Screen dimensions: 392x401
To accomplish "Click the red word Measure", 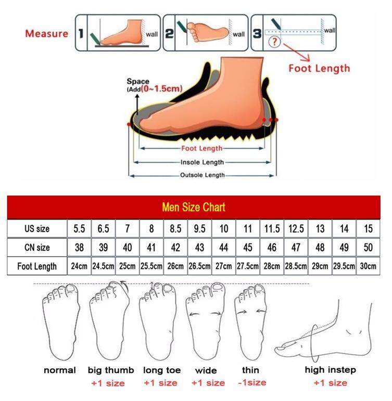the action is pyautogui.click(x=47, y=33).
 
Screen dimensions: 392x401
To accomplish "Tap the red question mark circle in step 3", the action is pyautogui.click(x=274, y=42).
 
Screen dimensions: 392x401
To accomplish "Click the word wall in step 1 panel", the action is pyautogui.click(x=151, y=34).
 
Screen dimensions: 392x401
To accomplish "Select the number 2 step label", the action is pyautogui.click(x=169, y=33).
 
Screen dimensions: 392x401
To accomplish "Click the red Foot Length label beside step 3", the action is pyautogui.click(x=319, y=68).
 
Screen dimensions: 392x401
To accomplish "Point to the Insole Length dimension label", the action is pyautogui.click(x=202, y=162).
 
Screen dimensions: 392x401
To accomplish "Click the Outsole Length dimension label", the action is pyautogui.click(x=203, y=175).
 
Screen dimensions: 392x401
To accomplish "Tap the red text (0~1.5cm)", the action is pyautogui.click(x=161, y=89).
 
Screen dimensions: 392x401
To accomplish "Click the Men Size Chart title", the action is pyautogui.click(x=194, y=207).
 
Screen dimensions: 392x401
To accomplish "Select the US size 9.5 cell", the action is pyautogui.click(x=199, y=229).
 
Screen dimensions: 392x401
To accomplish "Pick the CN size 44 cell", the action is pyautogui.click(x=223, y=248).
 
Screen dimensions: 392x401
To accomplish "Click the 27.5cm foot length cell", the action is pyautogui.click(x=248, y=266).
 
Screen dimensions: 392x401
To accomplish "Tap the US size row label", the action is pyautogui.click(x=37, y=229).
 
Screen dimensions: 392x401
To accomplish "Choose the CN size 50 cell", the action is pyautogui.click(x=368, y=248).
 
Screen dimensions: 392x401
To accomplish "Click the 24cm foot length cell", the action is pyautogui.click(x=79, y=266).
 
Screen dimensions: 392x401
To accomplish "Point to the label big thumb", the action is pyautogui.click(x=110, y=370).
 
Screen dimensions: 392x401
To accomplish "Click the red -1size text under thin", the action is pyautogui.click(x=252, y=383).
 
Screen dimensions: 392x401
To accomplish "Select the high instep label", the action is pyautogui.click(x=330, y=370).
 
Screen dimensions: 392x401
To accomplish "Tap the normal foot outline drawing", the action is pyautogui.click(x=60, y=322).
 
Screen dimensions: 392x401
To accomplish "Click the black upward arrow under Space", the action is pyautogui.click(x=137, y=105).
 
